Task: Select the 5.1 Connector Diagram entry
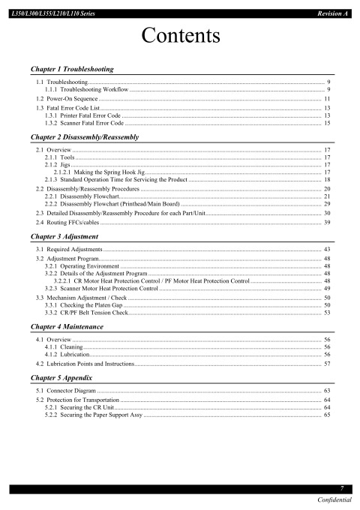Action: [x=67, y=391]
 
